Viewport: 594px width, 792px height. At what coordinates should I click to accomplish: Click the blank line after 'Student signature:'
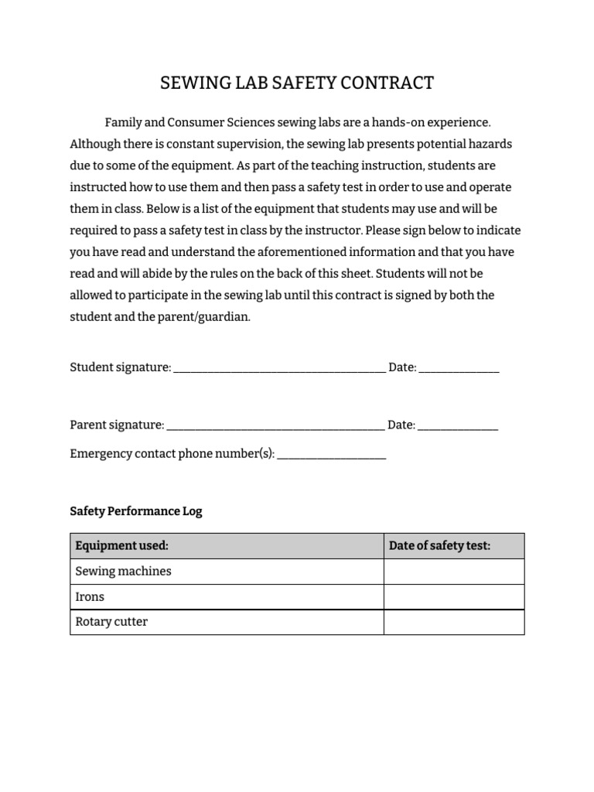click(x=279, y=369)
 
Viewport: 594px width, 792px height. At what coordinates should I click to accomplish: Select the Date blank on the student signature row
click(x=459, y=369)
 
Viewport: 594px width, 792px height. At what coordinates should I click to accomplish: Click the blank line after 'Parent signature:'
click(x=275, y=425)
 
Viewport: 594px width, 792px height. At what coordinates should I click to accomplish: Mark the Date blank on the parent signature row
click(x=458, y=425)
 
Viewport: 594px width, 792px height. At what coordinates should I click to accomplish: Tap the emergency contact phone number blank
click(x=331, y=455)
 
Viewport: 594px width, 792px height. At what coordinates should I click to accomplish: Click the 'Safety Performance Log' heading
click(x=136, y=511)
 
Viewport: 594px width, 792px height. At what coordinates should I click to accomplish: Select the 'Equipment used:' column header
click(x=121, y=546)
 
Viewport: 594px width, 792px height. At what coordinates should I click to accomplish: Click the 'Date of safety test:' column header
click(x=439, y=546)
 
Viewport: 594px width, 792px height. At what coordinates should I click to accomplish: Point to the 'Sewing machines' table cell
click(x=124, y=572)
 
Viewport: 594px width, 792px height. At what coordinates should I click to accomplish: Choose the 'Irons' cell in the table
click(x=90, y=597)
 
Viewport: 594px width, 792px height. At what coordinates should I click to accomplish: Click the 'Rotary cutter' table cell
click(x=111, y=622)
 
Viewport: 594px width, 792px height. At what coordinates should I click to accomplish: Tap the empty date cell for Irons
click(x=454, y=597)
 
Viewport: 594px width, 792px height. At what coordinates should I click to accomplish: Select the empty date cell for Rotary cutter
click(x=454, y=623)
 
